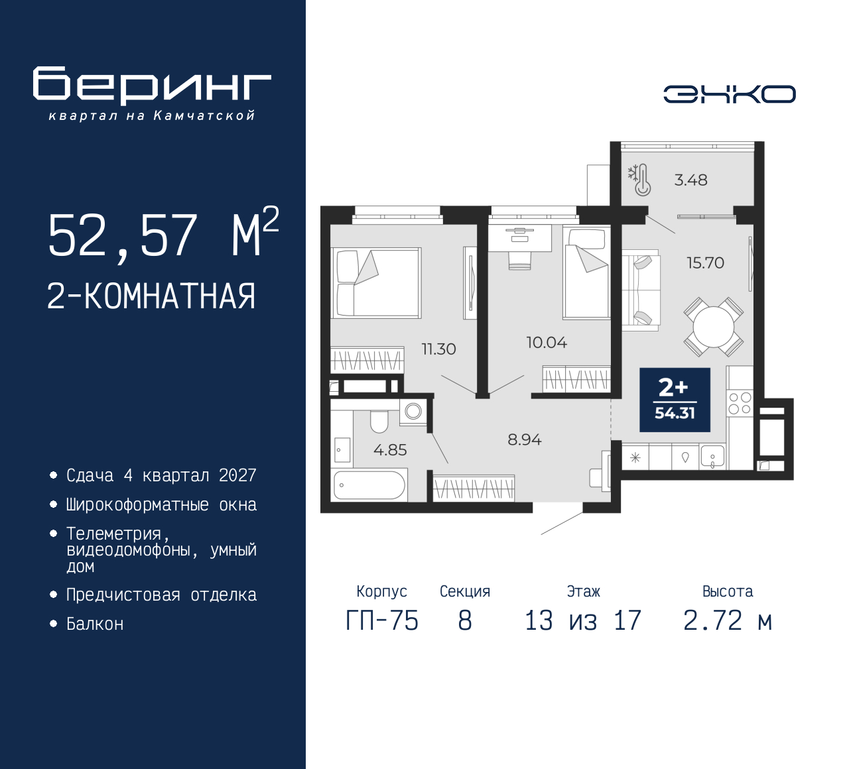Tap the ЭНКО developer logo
[x=729, y=94]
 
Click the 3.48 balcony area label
[x=690, y=180]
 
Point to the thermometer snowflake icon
[x=639, y=180]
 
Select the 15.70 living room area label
[x=706, y=263]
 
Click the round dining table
[x=714, y=327]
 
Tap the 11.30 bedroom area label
[x=439, y=349]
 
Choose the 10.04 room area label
[x=547, y=343]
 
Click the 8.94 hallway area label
[x=525, y=440]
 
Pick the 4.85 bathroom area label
[x=390, y=450]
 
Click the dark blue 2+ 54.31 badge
[x=675, y=400]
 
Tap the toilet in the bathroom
[x=379, y=422]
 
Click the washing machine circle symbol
[x=413, y=411]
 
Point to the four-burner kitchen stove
[x=740, y=403]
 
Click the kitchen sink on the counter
[x=712, y=456]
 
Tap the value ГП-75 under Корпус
[x=382, y=621]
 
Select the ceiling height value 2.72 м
[x=728, y=621]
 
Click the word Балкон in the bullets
[x=95, y=624]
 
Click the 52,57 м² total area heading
[x=163, y=234]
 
